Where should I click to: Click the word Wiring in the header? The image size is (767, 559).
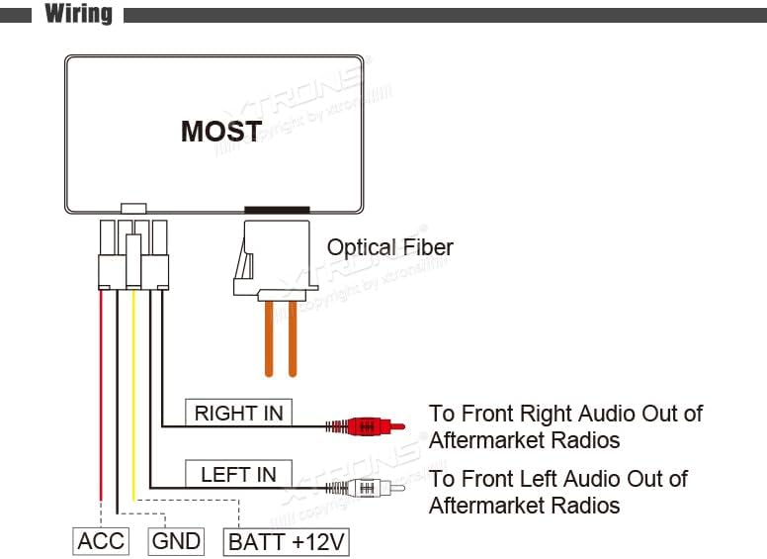79,15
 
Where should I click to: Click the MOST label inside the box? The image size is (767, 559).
221,132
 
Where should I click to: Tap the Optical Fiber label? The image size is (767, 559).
389,247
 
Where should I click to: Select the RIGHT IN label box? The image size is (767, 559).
238,414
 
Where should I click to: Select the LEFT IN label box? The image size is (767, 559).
238,474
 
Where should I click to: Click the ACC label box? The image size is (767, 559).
101,540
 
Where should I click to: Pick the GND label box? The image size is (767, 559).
176,540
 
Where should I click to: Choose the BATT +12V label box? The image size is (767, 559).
288,541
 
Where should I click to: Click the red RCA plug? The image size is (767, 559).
367,426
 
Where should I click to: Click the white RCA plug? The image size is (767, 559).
367,487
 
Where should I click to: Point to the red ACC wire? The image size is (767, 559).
101,396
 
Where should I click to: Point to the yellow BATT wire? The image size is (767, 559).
133,396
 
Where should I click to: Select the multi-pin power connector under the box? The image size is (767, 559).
132,253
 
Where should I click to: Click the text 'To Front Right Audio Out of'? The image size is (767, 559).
564,413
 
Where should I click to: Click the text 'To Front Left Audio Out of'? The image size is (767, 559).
557,479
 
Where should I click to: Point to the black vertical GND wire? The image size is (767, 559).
117,396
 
